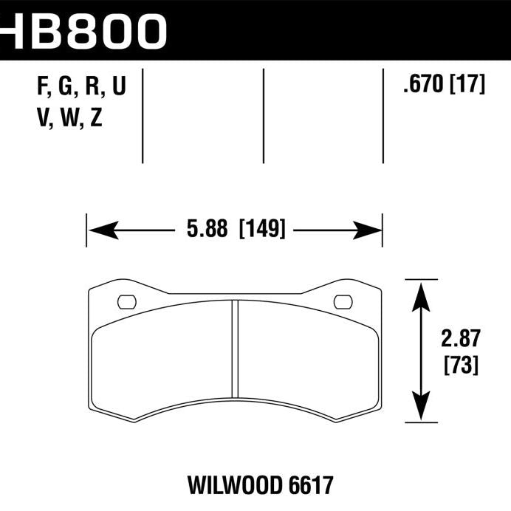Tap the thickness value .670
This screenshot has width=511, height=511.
tap(422, 86)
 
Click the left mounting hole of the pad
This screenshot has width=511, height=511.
tap(127, 301)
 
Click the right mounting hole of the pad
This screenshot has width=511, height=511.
tap(343, 301)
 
